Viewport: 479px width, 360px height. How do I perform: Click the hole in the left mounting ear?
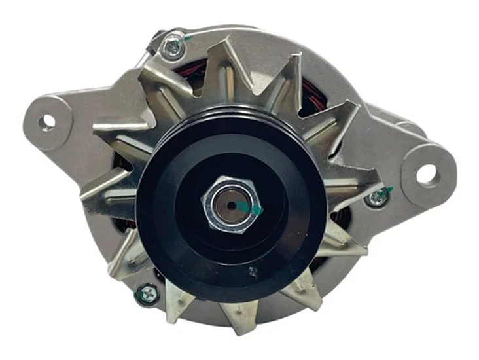(47, 121)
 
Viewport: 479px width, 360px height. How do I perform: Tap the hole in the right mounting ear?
(426, 173)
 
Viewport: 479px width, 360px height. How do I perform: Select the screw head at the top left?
(173, 46)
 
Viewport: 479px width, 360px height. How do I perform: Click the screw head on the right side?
(377, 197)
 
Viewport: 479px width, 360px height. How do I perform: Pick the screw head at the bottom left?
(147, 295)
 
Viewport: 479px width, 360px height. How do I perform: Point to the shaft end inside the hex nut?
(230, 204)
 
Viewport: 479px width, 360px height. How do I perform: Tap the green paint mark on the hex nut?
(255, 209)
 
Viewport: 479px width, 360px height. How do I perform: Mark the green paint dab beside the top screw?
(188, 38)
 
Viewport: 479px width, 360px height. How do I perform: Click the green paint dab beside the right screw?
(390, 190)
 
